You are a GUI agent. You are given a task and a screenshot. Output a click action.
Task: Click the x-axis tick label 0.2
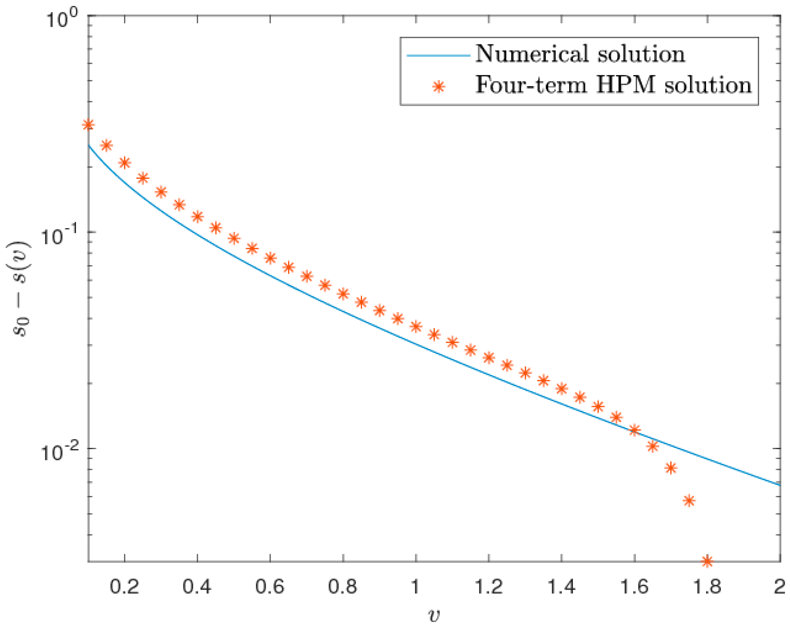pyautogui.click(x=125, y=587)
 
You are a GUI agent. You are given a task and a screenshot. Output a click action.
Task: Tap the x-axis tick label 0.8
pyautogui.click(x=342, y=587)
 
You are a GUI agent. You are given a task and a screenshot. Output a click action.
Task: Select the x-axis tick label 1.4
pyautogui.click(x=561, y=587)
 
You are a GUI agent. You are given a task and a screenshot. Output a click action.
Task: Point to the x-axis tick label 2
pyautogui.click(x=779, y=587)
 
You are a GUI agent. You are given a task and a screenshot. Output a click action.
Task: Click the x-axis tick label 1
pyautogui.click(x=415, y=587)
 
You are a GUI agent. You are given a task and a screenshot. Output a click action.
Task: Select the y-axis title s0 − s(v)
pyautogui.click(x=22, y=289)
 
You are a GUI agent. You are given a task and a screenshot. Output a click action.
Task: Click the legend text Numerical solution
pyautogui.click(x=580, y=54)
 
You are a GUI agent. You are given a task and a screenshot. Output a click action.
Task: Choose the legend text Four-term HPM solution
pyautogui.click(x=613, y=85)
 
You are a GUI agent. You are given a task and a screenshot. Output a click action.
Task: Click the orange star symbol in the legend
pyautogui.click(x=438, y=86)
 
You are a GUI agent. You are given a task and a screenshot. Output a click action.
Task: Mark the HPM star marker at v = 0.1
pyautogui.click(x=88, y=125)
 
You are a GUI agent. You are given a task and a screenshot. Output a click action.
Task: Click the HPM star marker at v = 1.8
pyautogui.click(x=707, y=561)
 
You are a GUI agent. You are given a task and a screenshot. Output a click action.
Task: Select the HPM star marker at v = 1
pyautogui.click(x=416, y=327)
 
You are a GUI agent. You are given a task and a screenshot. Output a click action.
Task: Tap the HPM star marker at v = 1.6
pyautogui.click(x=634, y=430)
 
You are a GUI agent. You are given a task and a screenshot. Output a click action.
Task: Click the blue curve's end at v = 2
pyautogui.click(x=779, y=484)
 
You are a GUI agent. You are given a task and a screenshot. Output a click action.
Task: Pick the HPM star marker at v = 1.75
pyautogui.click(x=689, y=501)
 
